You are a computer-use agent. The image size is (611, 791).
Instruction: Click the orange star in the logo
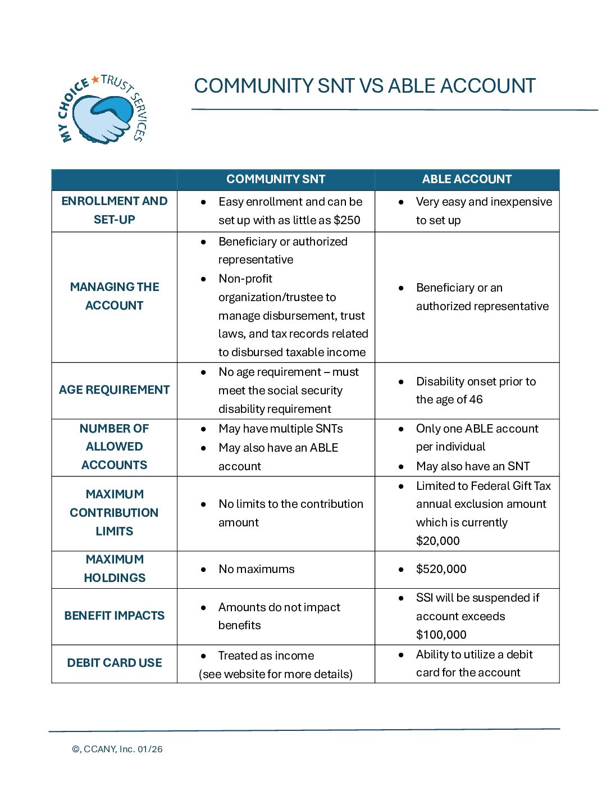coord(95,80)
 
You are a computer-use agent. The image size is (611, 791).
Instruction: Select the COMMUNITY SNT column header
coord(276,179)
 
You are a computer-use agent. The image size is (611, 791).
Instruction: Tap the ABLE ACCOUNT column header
coord(467,179)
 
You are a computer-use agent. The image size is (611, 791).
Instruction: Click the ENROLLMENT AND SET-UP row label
coord(115,210)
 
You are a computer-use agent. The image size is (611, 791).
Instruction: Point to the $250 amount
coord(346,220)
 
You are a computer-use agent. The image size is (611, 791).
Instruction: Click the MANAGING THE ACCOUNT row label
coord(115,296)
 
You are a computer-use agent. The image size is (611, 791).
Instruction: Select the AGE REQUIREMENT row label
coord(115,390)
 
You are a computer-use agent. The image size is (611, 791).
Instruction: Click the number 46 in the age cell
coord(476,399)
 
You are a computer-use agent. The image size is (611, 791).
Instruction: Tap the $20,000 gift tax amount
coord(437,541)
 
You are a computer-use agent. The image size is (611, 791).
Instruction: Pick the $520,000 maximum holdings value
coord(441,569)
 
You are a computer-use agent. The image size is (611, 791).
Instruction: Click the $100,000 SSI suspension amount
coord(441,635)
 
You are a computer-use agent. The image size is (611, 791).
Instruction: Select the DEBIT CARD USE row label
coord(115,663)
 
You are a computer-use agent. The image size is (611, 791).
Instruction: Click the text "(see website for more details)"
coord(276,674)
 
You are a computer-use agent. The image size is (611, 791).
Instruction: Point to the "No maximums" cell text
coord(256,569)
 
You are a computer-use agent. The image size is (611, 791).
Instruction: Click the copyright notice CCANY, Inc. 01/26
coord(117,749)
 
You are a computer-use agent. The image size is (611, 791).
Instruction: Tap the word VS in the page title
coord(371,86)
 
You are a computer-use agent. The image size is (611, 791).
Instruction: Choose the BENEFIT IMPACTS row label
coord(115,616)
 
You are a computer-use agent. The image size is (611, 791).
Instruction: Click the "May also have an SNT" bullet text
coord(473,466)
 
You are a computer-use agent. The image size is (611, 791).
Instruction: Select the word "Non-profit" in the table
coord(245,279)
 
